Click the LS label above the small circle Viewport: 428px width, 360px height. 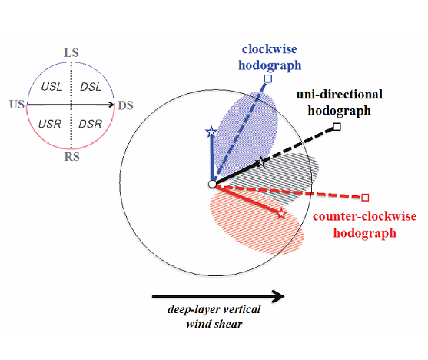point(71,52)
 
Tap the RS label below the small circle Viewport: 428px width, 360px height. point(71,157)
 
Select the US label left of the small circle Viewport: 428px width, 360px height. point(17,105)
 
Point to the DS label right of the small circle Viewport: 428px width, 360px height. point(125,105)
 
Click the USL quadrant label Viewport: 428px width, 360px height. point(51,87)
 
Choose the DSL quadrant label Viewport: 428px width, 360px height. point(91,87)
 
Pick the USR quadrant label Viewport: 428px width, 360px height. point(50,124)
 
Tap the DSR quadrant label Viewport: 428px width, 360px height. point(91,124)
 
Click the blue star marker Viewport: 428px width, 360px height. point(211,132)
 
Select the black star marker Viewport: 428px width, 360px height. point(261,162)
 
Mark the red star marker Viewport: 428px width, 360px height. point(282,214)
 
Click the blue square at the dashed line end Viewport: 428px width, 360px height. point(268,78)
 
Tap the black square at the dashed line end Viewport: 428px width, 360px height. point(337,127)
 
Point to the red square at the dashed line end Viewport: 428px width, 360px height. point(365,198)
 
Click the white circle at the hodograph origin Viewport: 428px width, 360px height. point(212,184)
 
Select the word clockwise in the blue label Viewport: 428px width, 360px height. point(270,49)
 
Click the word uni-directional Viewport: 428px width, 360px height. point(340,95)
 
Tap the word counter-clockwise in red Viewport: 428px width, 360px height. point(365,216)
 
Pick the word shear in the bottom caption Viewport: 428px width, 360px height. point(229,324)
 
